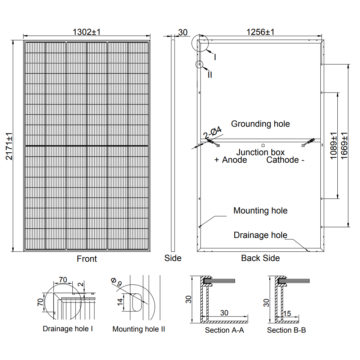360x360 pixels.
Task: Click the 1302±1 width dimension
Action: click(86, 32)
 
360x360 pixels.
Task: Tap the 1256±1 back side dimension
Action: click(260, 32)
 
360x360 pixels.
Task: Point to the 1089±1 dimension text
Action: click(333, 146)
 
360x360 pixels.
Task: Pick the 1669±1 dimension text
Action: click(345, 146)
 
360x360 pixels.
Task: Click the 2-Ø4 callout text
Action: click(212, 133)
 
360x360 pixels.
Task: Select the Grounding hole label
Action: click(260, 124)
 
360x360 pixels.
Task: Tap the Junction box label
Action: click(260, 152)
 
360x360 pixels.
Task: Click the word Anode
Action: click(235, 160)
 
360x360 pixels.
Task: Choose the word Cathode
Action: click(283, 160)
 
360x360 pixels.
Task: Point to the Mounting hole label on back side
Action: click(260, 211)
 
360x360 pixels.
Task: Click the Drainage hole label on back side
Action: click(260, 235)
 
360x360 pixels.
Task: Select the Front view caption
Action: click(87, 258)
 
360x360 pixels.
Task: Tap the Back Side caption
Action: click(260, 258)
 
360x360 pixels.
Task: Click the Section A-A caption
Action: click(224, 330)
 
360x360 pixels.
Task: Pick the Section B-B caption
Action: click(287, 330)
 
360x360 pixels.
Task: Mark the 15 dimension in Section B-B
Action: click(287, 313)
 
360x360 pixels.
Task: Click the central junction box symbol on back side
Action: click(263, 145)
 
